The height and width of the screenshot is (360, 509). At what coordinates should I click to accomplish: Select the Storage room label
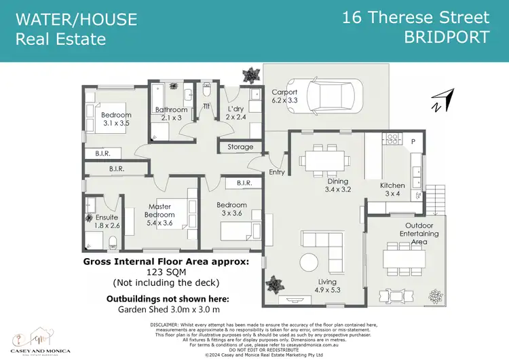(240, 147)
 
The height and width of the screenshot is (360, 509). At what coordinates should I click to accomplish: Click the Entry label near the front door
(277, 173)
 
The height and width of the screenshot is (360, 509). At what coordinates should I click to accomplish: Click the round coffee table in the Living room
(309, 262)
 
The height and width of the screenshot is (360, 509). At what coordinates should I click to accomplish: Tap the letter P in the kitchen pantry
(412, 141)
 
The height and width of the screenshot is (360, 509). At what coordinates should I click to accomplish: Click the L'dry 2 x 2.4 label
(235, 112)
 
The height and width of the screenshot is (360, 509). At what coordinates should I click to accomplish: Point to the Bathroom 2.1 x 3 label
(171, 113)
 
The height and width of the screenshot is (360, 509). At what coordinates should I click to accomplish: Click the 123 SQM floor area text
(166, 272)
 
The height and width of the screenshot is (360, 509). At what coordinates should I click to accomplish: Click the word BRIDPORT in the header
(447, 37)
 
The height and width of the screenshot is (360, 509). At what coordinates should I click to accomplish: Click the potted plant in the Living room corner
(276, 283)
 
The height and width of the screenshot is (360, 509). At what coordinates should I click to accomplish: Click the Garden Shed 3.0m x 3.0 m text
(166, 310)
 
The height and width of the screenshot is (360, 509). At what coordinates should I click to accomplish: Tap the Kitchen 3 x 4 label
(392, 190)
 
